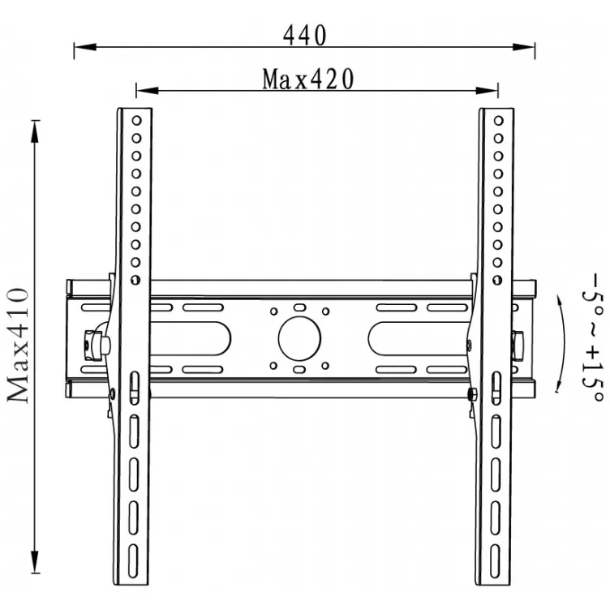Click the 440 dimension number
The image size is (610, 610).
(304, 35)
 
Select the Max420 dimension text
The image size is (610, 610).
(308, 79)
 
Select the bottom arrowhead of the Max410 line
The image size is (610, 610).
(36, 569)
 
